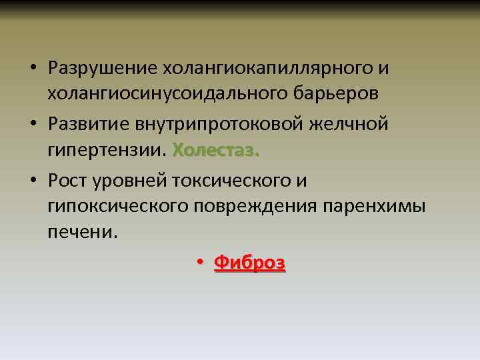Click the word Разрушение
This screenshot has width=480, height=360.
point(101,69)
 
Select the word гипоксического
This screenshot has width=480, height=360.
point(118,207)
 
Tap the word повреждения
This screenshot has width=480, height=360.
point(257,207)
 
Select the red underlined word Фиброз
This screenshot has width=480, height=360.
point(249,263)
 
